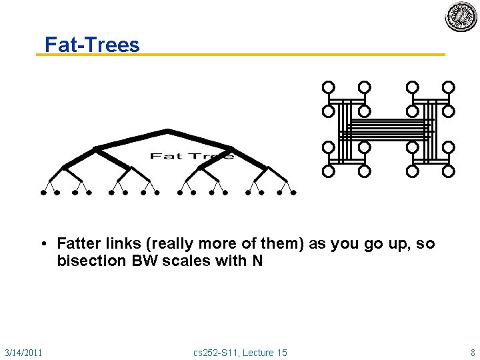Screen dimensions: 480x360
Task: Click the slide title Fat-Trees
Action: tap(92, 45)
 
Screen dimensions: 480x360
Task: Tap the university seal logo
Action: tap(461, 17)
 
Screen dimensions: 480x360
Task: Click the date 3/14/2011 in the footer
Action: tap(23, 352)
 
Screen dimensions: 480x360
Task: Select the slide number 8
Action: tap(473, 352)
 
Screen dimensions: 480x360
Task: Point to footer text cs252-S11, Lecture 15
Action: tap(240, 352)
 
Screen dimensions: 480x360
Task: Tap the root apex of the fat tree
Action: tap(167, 130)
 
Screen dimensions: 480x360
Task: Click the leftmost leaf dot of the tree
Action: tap(43, 193)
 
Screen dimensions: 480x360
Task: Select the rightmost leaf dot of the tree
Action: tap(293, 193)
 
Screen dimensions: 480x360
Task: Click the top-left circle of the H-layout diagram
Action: tap(328, 87)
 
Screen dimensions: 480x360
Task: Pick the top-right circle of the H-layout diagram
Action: tap(449, 87)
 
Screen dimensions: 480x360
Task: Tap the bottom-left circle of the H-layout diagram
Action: tap(328, 171)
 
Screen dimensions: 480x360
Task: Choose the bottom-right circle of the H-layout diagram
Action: tap(449, 171)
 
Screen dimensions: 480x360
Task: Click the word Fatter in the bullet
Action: tap(80, 244)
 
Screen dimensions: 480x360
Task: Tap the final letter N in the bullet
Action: tap(257, 261)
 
